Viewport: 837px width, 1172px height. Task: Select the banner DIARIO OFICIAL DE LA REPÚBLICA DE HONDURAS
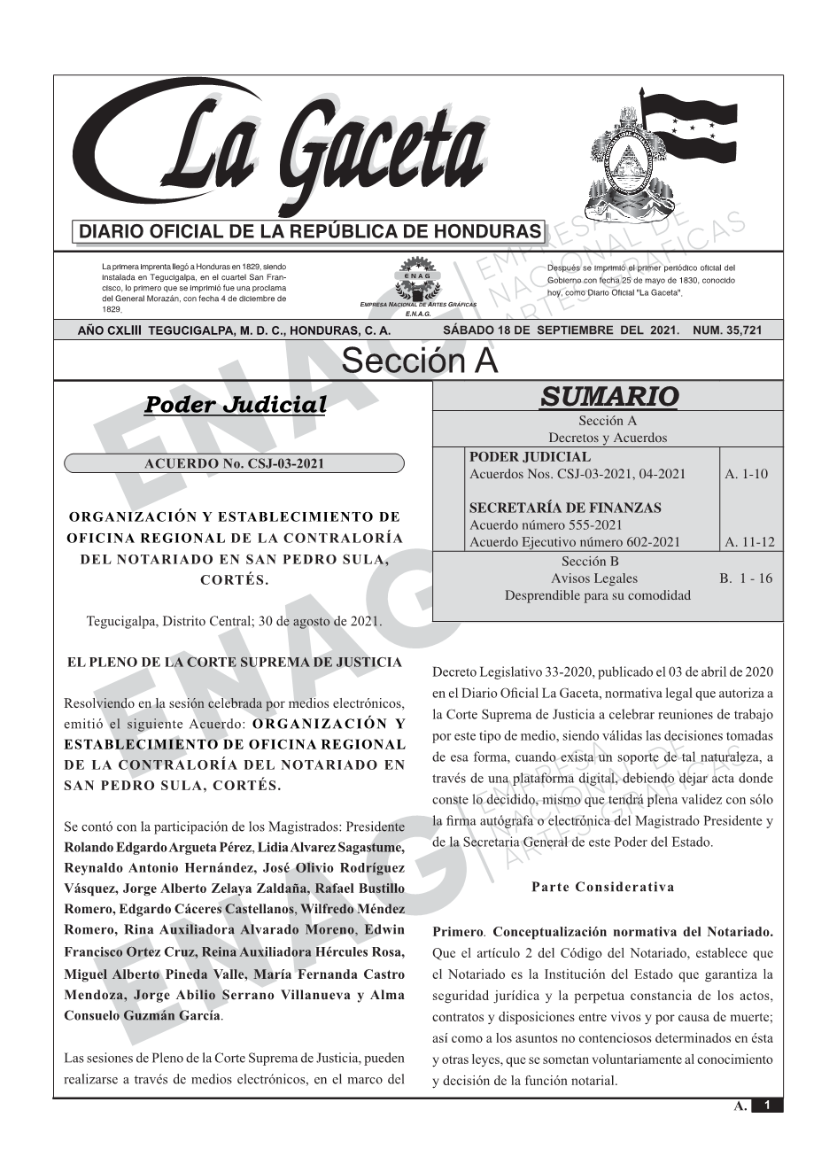[309, 232]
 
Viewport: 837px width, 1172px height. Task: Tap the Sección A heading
[419, 361]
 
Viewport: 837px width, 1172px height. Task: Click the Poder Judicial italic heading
[235, 405]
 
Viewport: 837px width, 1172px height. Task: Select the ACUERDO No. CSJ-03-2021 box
[234, 463]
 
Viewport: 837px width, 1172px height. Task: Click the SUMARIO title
[608, 396]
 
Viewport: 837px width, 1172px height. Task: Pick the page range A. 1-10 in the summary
[746, 474]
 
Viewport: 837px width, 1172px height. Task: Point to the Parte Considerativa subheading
[603, 887]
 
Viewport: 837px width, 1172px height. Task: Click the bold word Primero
[458, 932]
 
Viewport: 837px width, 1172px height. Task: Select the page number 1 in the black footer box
[767, 1105]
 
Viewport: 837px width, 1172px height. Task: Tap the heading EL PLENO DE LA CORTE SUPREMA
[228, 662]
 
